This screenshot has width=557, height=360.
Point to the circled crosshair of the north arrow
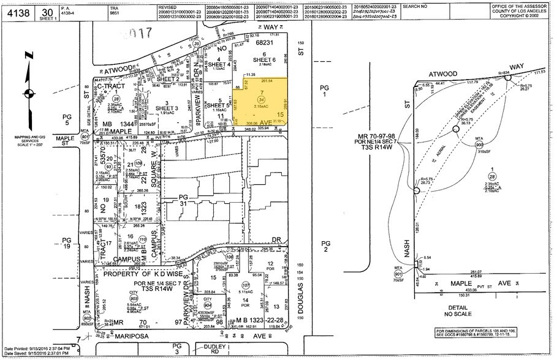(x=28, y=94)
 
